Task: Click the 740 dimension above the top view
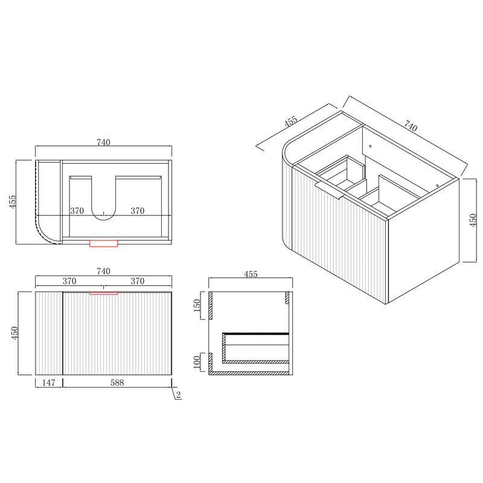point(103,142)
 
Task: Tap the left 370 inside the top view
point(77,211)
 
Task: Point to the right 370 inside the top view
point(138,211)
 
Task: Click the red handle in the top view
point(103,243)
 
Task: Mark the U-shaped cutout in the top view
point(104,199)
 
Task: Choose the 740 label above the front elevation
point(103,271)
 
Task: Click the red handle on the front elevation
point(103,293)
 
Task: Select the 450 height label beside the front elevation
point(13,333)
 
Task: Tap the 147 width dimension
point(49,383)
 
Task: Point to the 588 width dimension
point(118,383)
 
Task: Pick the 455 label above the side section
point(251,274)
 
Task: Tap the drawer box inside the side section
point(255,348)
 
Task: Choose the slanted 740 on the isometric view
point(411,127)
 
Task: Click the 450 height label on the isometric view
point(473,220)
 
